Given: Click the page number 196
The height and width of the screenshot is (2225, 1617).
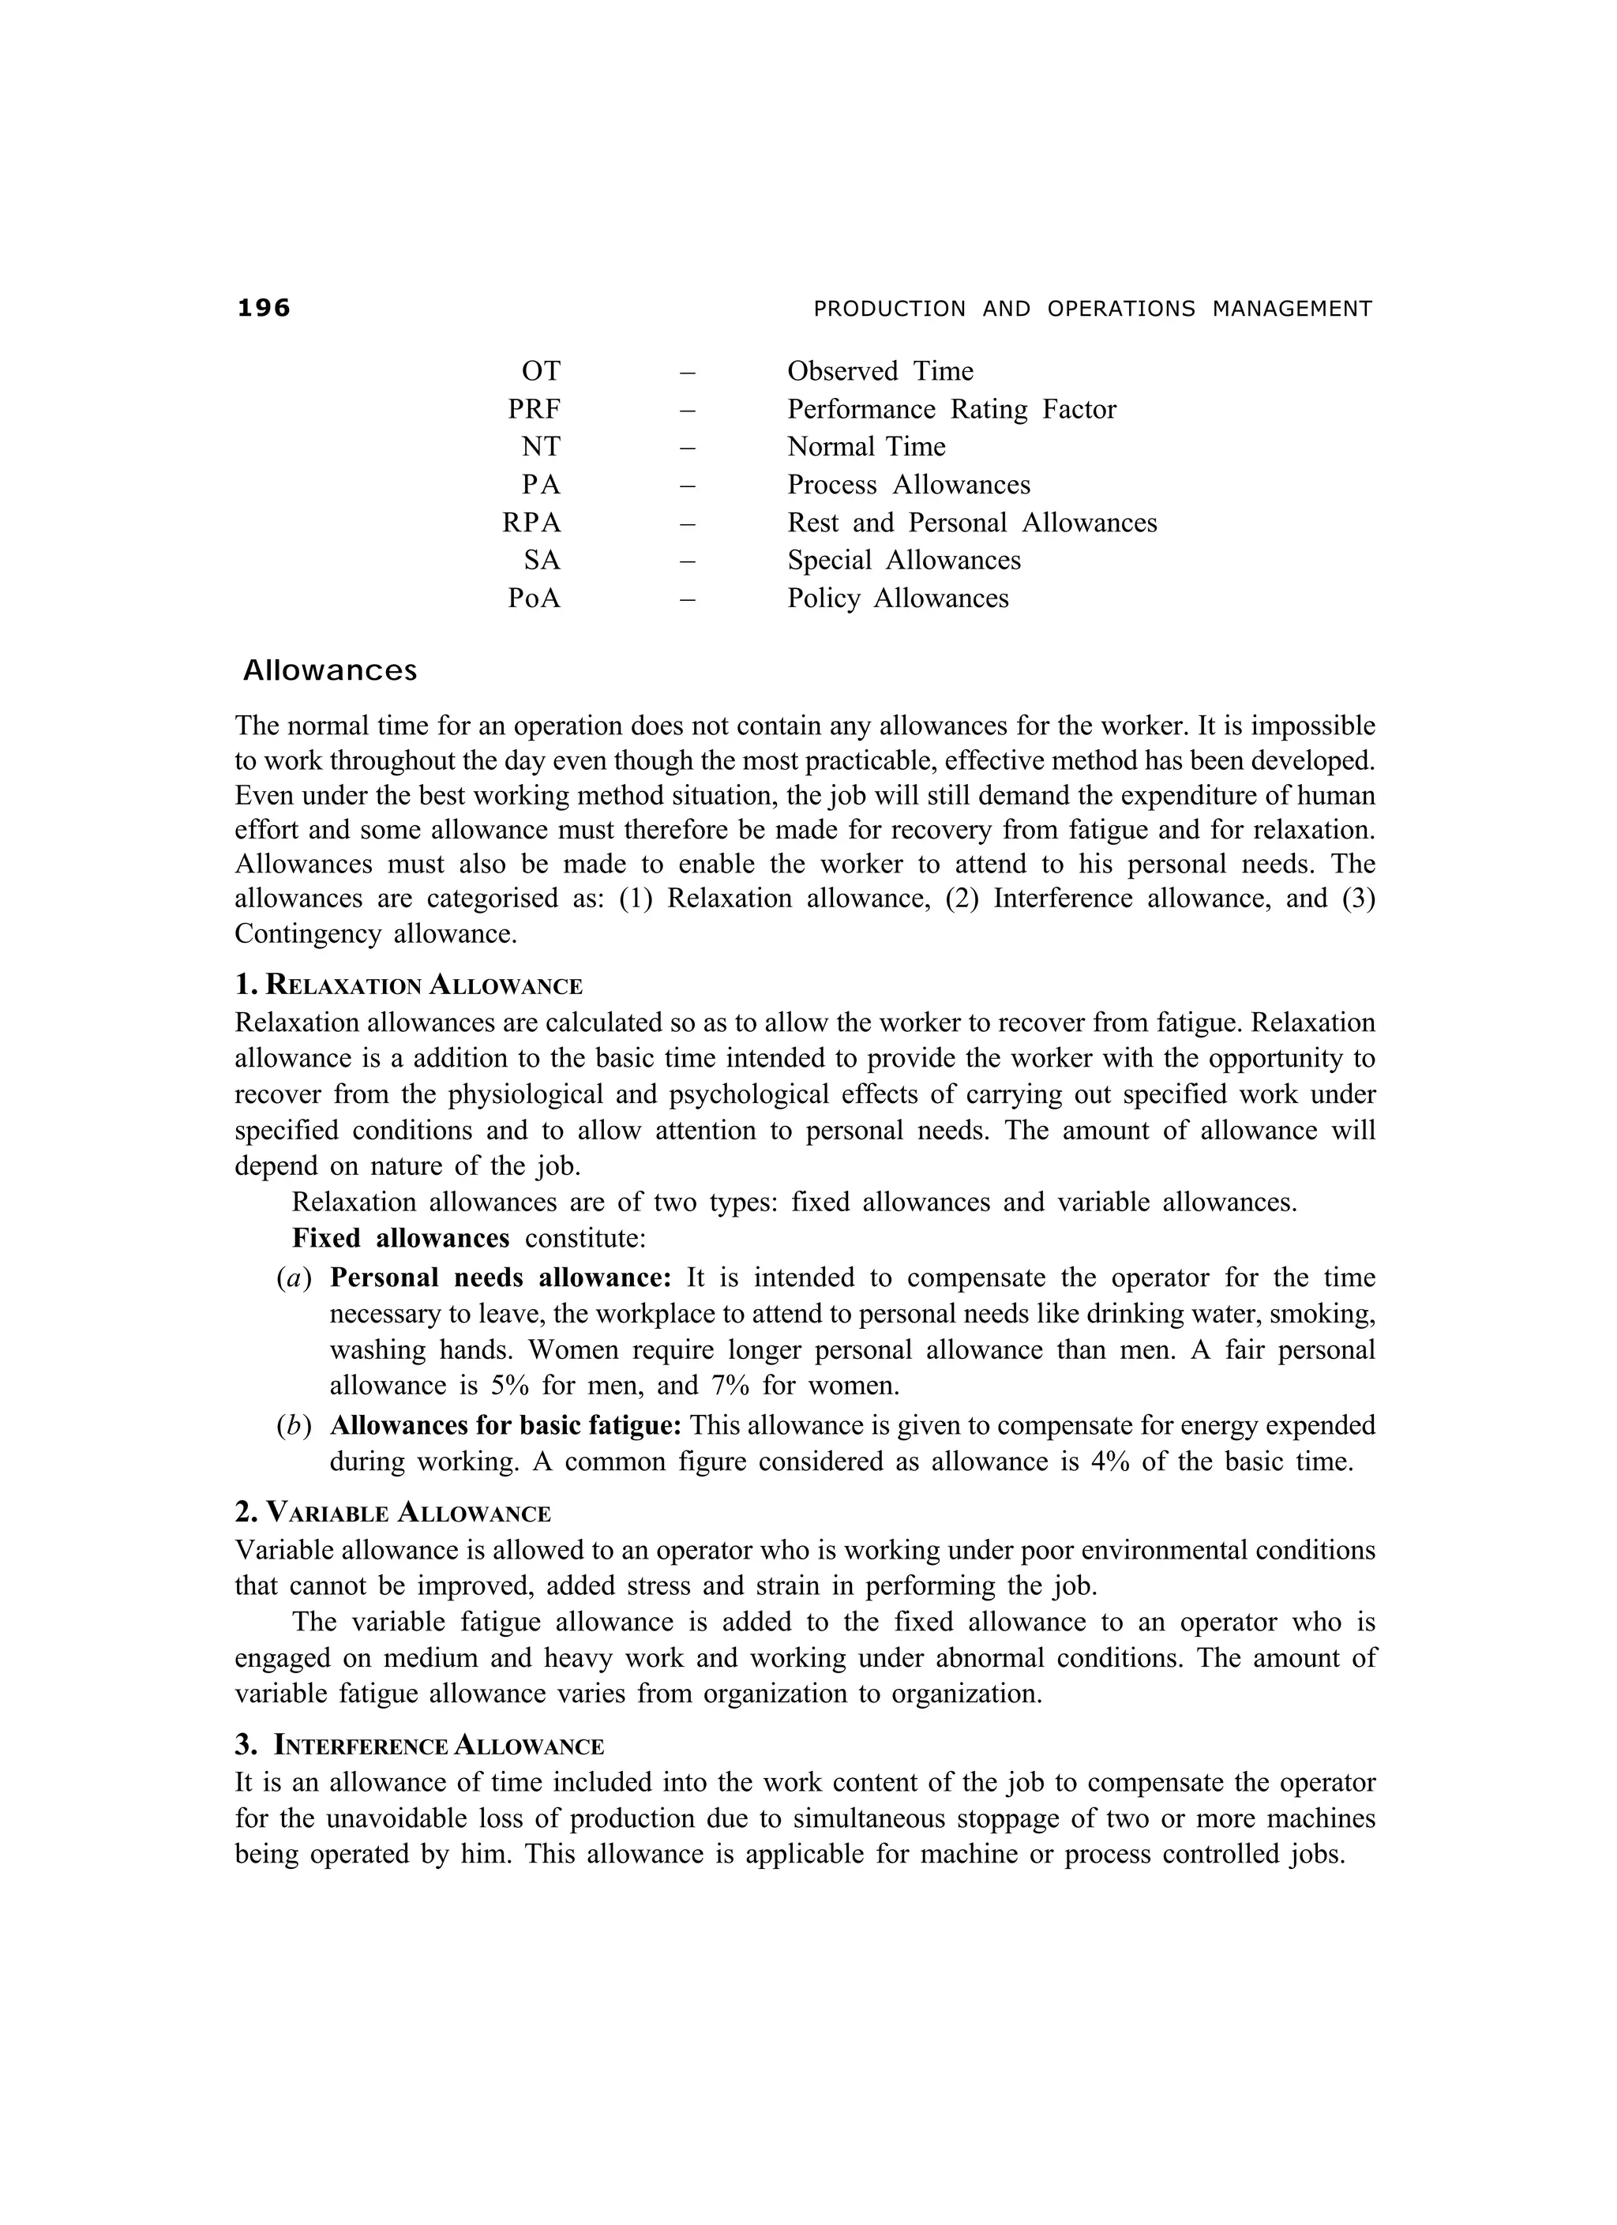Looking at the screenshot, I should coord(264,308).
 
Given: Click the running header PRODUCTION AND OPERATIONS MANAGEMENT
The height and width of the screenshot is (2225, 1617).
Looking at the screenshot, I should coord(1092,309).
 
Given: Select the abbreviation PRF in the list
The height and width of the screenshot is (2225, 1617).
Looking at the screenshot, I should coord(534,409).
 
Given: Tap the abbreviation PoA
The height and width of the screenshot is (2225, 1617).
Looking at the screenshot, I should coord(534,598).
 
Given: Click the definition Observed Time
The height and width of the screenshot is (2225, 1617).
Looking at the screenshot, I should coord(880,371).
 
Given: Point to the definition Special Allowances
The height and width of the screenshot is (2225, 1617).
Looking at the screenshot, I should coord(904,560).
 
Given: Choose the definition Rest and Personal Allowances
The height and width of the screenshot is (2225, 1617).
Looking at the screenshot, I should coord(971,523).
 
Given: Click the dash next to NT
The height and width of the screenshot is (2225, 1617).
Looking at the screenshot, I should coord(687,448).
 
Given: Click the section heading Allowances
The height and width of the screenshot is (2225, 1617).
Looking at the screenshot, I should coord(330,671).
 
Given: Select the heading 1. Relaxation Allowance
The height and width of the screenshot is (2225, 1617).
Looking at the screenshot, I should coord(409,985).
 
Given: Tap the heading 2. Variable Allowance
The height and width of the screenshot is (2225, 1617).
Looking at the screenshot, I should coord(392,1513).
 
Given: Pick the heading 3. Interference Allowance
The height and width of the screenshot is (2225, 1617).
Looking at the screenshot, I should coord(419,1745).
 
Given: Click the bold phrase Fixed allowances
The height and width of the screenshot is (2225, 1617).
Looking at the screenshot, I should coord(400,1238).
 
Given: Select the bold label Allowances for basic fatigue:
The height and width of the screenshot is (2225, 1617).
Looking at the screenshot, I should coord(505,1424).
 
